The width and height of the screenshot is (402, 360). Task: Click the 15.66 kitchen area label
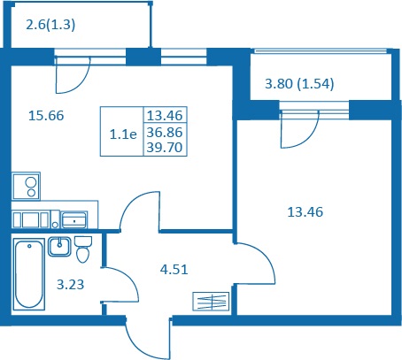pos(46,116)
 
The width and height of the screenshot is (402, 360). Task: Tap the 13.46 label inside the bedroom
pos(305,212)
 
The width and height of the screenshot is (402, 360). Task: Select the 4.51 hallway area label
pos(174,270)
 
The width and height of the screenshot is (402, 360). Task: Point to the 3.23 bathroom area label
pos(70,285)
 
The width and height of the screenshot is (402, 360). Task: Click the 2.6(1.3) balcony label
pos(50,25)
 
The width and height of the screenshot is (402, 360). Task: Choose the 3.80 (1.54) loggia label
pos(299,84)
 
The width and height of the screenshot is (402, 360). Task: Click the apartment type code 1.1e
pos(123,134)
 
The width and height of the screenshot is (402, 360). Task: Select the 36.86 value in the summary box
pos(165,133)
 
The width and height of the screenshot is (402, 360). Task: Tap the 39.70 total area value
pos(165,147)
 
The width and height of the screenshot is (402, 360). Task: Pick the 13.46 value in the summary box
pos(165,115)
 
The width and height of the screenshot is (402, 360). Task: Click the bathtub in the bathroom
pos(29,274)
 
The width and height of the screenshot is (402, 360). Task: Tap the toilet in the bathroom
pos(83,249)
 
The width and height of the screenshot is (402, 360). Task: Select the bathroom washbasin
pos(59,247)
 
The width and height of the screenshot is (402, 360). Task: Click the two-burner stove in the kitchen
pos(26,187)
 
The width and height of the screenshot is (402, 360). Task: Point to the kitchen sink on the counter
pos(73,220)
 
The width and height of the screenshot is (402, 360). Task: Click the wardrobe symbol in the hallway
pos(211,302)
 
